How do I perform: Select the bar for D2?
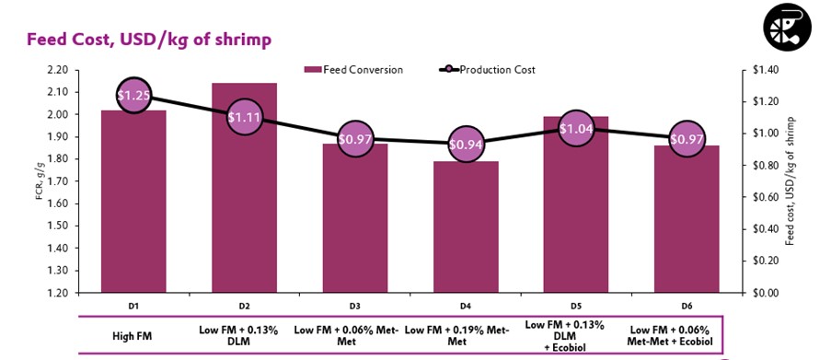[x=244, y=212]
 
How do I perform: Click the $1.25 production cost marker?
[x=133, y=95]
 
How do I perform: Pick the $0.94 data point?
[x=464, y=144]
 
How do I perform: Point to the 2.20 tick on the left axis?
[x=56, y=70]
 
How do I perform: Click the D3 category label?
[x=354, y=305]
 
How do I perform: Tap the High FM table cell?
[x=133, y=335]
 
